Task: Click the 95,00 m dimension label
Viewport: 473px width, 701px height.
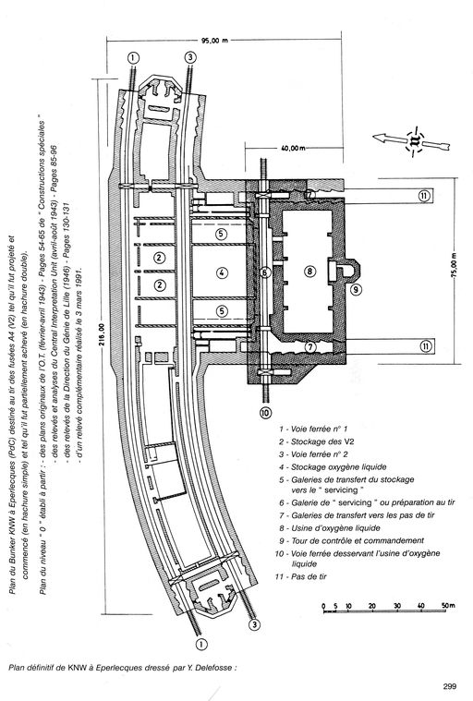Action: (x=214, y=41)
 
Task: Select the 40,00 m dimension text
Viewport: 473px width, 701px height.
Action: (x=293, y=148)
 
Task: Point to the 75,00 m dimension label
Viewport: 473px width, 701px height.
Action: (x=455, y=267)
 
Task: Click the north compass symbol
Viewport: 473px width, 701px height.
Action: (x=415, y=141)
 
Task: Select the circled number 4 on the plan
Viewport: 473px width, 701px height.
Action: (x=222, y=272)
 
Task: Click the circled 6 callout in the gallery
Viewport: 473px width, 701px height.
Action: (x=265, y=272)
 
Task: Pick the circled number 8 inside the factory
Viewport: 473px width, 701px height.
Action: (x=309, y=271)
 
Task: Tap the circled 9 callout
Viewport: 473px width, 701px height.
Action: (x=356, y=289)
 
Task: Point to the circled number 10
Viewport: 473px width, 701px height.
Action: (x=265, y=413)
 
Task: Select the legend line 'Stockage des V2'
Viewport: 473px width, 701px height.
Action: (x=317, y=441)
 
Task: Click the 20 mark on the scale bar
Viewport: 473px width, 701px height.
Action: (x=372, y=606)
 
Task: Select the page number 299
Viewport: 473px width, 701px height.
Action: (x=450, y=686)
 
